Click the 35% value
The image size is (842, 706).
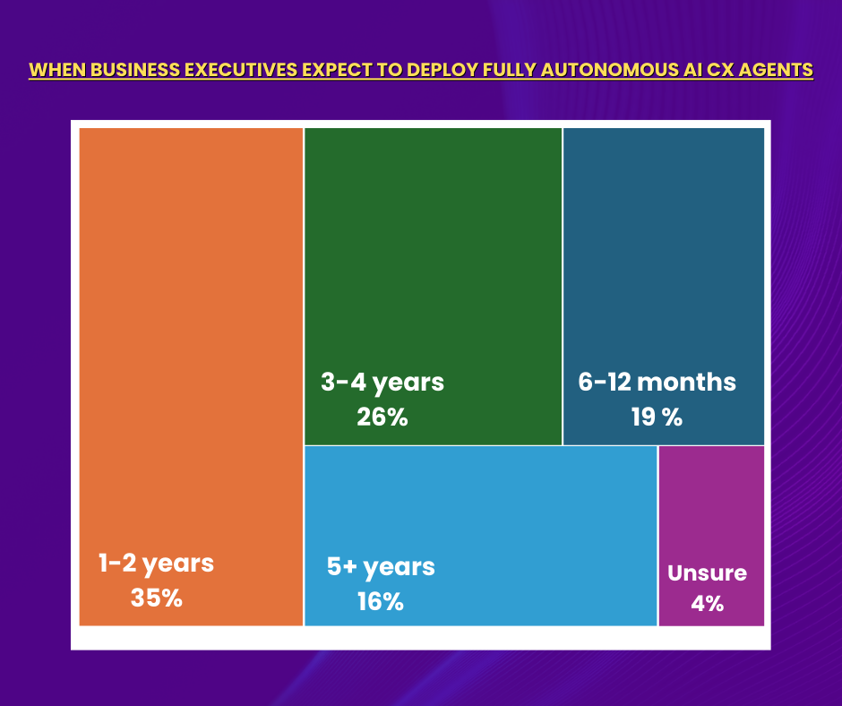click(x=156, y=598)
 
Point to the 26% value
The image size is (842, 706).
click(x=382, y=417)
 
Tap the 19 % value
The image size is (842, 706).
click(x=657, y=417)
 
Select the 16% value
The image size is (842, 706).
click(x=380, y=601)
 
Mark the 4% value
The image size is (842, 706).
click(x=707, y=603)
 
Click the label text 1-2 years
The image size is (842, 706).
click(x=156, y=564)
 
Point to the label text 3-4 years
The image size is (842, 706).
click(x=382, y=383)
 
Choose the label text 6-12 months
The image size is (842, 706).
click(x=657, y=383)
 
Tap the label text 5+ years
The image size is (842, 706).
click(x=381, y=567)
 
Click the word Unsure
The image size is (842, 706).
click(x=707, y=573)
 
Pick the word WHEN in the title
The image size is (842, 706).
click(x=54, y=70)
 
